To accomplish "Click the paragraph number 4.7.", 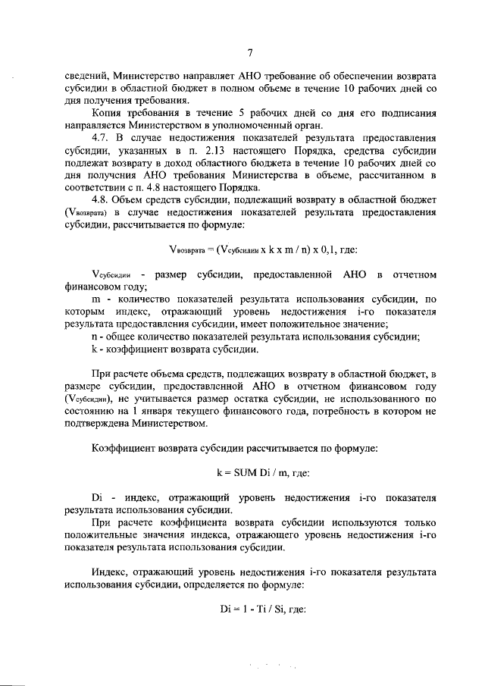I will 102,139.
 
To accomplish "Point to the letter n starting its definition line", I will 94,337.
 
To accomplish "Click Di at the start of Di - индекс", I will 97,497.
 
